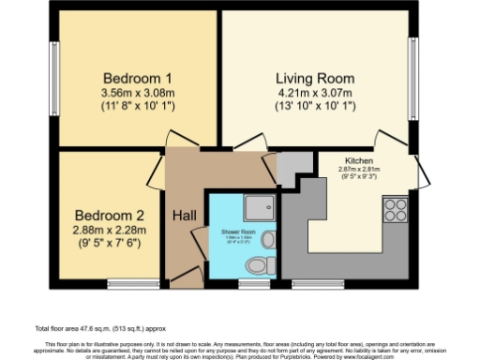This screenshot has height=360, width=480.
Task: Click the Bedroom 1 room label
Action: [x=135, y=77]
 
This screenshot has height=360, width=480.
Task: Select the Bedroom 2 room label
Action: [x=109, y=213]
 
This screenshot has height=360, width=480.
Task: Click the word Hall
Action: [x=184, y=216]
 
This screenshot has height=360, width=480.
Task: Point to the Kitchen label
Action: [x=359, y=161]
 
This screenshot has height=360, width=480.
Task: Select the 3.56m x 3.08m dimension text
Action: [x=135, y=93]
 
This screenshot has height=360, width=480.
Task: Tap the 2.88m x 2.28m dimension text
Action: [x=109, y=228]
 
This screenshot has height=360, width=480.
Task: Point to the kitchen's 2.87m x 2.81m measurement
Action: [x=359, y=170]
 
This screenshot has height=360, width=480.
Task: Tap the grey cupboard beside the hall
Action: [x=294, y=163]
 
